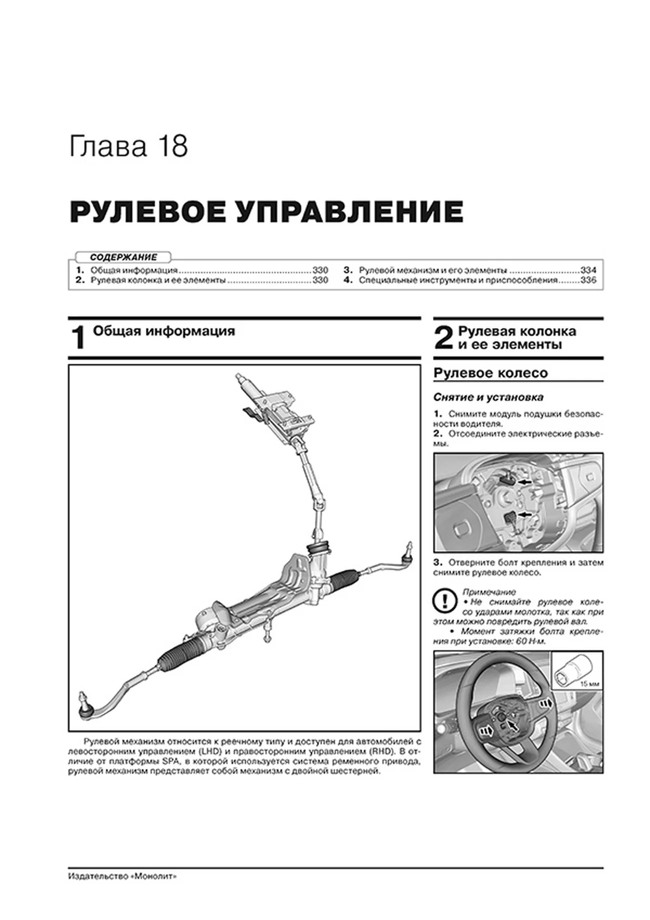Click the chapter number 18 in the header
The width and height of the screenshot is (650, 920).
(x=173, y=147)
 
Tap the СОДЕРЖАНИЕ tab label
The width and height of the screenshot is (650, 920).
(x=123, y=257)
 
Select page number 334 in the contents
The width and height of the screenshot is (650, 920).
(x=588, y=270)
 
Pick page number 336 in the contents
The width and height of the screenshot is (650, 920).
(x=588, y=280)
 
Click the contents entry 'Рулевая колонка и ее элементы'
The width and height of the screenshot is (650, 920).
(x=157, y=280)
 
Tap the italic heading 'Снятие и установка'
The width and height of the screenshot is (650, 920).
(x=488, y=397)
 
